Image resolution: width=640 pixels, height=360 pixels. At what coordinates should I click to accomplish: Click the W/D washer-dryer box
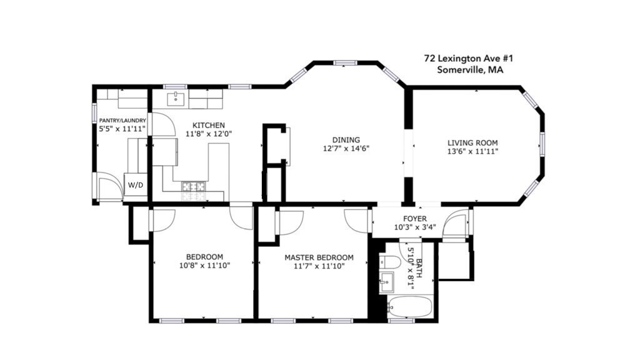click(x=135, y=186)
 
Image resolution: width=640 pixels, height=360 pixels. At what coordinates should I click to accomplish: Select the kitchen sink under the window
click(x=177, y=97)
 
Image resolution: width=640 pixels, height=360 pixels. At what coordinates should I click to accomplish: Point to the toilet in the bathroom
click(x=389, y=263)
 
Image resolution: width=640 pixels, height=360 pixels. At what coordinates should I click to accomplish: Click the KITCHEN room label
click(x=208, y=126)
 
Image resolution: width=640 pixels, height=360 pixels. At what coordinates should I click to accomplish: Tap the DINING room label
click(x=346, y=140)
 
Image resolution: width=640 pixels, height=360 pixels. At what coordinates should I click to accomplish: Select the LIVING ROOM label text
click(x=472, y=142)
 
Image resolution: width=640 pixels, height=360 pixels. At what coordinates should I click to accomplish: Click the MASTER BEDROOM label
click(x=319, y=257)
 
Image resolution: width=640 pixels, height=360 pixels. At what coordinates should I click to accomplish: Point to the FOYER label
click(x=415, y=219)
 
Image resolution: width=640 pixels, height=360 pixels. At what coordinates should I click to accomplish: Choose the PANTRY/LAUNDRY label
click(x=122, y=121)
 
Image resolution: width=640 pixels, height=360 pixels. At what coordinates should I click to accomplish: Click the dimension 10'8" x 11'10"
click(x=204, y=266)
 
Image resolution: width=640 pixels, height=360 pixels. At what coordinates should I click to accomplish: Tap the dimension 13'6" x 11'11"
click(x=472, y=151)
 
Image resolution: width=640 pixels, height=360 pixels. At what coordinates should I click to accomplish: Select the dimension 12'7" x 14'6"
click(x=346, y=149)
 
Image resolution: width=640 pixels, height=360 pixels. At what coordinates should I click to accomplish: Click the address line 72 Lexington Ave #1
click(x=468, y=58)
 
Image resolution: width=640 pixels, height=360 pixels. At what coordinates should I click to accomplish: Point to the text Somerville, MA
click(x=470, y=70)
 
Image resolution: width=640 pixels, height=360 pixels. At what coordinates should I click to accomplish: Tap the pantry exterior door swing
click(x=109, y=187)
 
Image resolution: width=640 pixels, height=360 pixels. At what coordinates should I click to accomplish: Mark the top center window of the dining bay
click(x=344, y=62)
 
